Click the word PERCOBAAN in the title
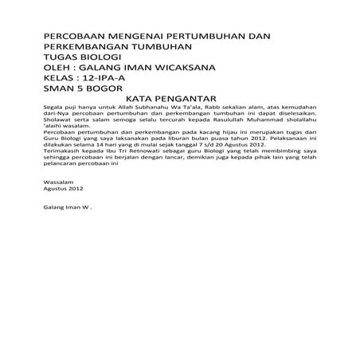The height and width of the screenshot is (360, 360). coord(74,37)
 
